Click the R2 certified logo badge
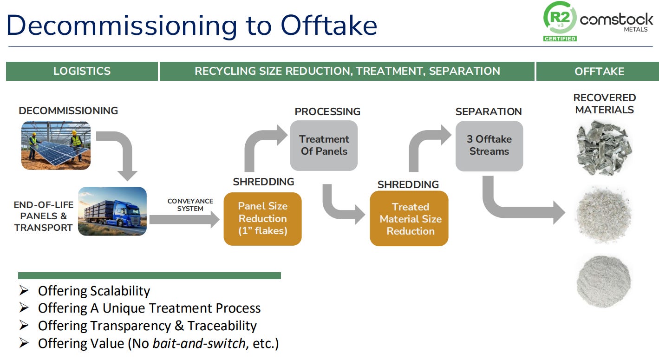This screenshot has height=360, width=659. pyautogui.click(x=560, y=21)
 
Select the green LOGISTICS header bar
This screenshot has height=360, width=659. pyautogui.click(x=82, y=71)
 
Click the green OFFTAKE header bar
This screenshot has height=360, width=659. pyautogui.click(x=599, y=72)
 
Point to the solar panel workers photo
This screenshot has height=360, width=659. pyautogui.click(x=56, y=145)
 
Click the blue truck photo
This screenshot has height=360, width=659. pyautogui.click(x=112, y=211)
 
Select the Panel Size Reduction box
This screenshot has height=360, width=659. pyautogui.click(x=262, y=218)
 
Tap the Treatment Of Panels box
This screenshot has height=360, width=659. pyautogui.click(x=324, y=145)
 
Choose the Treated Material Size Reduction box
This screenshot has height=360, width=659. pyautogui.click(x=409, y=218)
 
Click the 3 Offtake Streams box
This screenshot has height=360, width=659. pyautogui.click(x=489, y=145)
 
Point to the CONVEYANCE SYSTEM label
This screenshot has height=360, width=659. pyautogui.click(x=190, y=205)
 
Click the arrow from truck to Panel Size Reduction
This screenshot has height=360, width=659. pyautogui.click(x=184, y=219)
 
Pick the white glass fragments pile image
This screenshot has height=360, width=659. pyautogui.click(x=603, y=215)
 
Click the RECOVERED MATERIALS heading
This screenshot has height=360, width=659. pyautogui.click(x=604, y=104)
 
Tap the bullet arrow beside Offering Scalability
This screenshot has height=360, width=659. pyautogui.click(x=24, y=291)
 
